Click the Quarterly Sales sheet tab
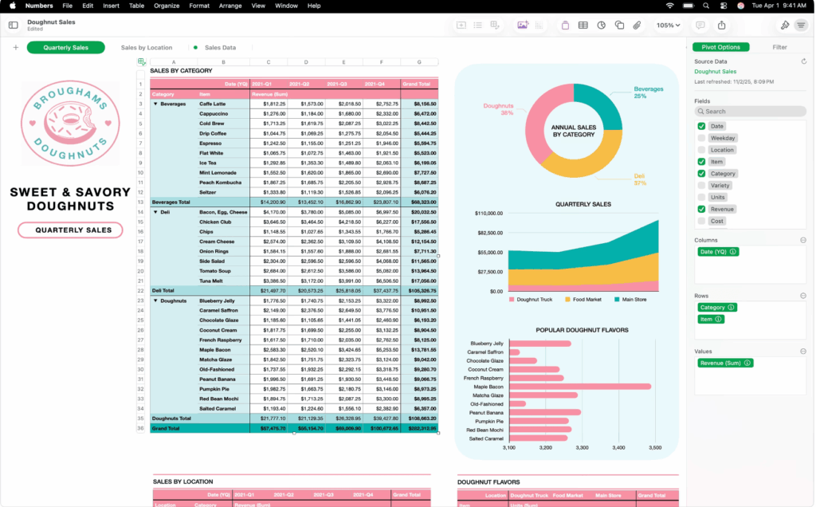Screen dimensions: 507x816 (x=65, y=48)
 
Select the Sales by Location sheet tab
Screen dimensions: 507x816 (x=147, y=48)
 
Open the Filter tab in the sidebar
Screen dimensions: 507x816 (x=779, y=47)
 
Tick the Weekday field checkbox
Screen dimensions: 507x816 (x=701, y=138)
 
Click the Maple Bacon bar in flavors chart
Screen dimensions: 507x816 (x=579, y=386)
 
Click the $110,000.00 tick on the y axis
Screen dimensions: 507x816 (x=488, y=214)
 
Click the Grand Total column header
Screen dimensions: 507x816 (x=419, y=84)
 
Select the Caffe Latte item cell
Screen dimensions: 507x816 (x=213, y=104)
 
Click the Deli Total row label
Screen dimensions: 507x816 (x=163, y=290)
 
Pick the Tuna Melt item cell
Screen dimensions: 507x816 (x=210, y=281)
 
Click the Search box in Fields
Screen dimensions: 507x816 (x=750, y=112)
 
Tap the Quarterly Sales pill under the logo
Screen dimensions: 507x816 (x=70, y=230)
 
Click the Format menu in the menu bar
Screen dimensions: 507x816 (x=199, y=6)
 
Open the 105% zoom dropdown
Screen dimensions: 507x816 (x=668, y=26)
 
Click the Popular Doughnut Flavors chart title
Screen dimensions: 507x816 (x=582, y=329)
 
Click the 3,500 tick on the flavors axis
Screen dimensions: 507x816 (x=654, y=448)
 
